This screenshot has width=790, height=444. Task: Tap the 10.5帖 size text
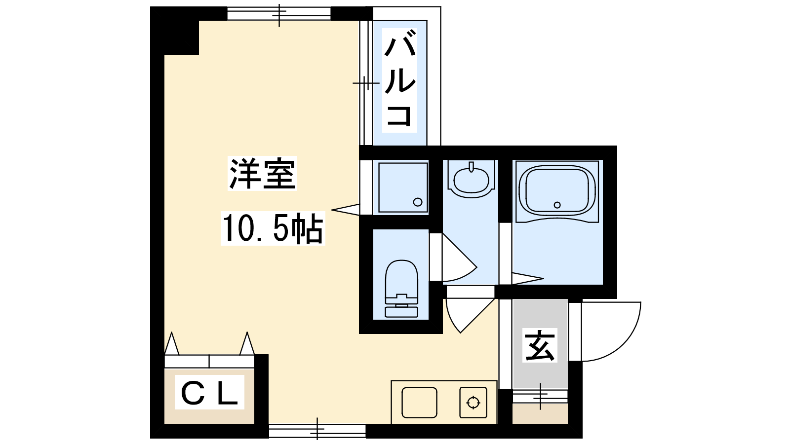pyautogui.click(x=273, y=228)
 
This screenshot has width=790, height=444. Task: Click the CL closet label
pyautogui.click(x=209, y=392)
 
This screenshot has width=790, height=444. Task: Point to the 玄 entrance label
pyautogui.click(x=540, y=346)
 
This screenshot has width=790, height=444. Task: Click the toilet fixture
pyautogui.click(x=401, y=289)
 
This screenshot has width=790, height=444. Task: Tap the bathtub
pyautogui.click(x=557, y=191)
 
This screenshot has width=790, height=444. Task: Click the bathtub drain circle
pyautogui.click(x=557, y=205)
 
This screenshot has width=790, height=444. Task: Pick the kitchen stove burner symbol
pyautogui.click(x=473, y=403)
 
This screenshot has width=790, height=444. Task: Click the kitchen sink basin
pyautogui.click(x=419, y=403)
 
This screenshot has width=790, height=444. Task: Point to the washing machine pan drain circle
pyautogui.click(x=418, y=202)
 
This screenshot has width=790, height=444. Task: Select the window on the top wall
pyautogui.click(x=279, y=13)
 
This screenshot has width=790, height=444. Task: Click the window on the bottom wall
pyautogui.click(x=317, y=430)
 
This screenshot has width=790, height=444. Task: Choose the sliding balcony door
pyautogui.click(x=366, y=83)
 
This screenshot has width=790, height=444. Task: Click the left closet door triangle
pyautogui.click(x=171, y=343)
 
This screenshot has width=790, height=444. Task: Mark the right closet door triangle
pyautogui.click(x=247, y=343)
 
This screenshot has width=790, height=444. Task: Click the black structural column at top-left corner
pyautogui.click(x=175, y=31)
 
